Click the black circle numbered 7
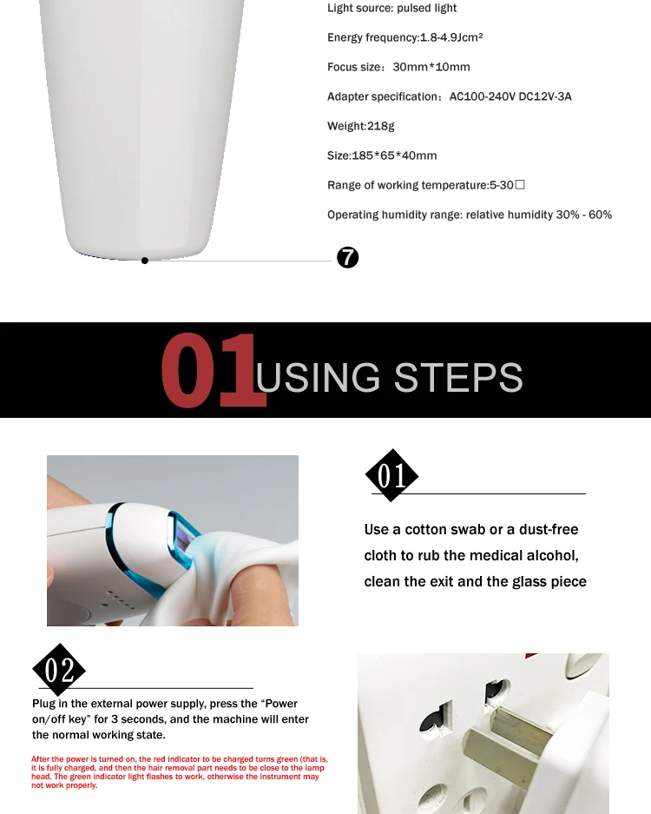[347, 257]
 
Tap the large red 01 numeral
[213, 371]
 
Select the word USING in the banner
[319, 377]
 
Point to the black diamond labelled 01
[391, 476]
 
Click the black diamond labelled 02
[59, 670]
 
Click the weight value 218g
[380, 126]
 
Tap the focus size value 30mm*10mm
[431, 67]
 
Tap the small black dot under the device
[145, 261]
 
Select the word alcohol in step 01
[554, 555]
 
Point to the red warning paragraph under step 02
[178, 772]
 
